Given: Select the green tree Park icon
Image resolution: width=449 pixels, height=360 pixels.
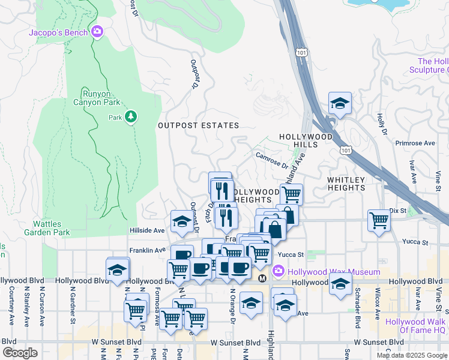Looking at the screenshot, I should click(131, 117).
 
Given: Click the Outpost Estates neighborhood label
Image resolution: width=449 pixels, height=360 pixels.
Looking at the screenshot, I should click(198, 125).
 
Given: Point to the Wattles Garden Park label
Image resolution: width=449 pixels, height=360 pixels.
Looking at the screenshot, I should click(47, 228).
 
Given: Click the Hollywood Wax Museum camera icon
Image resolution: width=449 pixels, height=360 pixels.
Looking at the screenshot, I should click(278, 271).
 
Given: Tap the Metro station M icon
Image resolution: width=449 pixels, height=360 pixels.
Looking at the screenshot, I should click(262, 279).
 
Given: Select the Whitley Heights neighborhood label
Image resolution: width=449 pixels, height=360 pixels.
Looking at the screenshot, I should click(346, 184).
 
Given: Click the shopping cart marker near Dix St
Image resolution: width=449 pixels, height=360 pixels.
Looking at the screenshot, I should click(379, 221).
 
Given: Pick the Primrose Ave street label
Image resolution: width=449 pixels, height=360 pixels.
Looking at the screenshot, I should click(415, 143).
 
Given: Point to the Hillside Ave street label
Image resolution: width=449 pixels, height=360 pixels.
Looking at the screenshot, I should click(147, 230).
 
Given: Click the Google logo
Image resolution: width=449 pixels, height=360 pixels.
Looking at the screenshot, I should click(20, 352).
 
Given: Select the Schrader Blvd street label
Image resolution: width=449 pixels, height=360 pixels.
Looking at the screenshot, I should click(357, 314).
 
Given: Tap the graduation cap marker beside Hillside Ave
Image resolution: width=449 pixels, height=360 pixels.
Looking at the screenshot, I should click(182, 221).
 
